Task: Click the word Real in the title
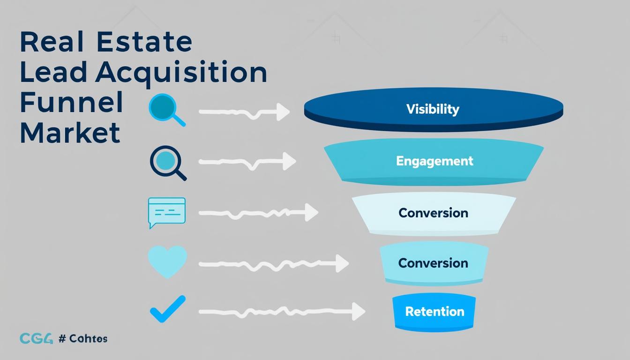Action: pyautogui.click(x=52, y=42)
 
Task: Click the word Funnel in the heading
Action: pyautogui.click(x=71, y=102)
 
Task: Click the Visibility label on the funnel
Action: pyautogui.click(x=433, y=109)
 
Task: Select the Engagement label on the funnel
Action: pyautogui.click(x=435, y=161)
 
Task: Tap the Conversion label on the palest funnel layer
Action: pyautogui.click(x=433, y=213)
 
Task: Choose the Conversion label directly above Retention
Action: pyautogui.click(x=433, y=263)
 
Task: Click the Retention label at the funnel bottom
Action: pyautogui.click(x=435, y=311)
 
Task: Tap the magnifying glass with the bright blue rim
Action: pyautogui.click(x=165, y=109)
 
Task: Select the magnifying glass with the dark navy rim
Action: pyautogui.click(x=166, y=162)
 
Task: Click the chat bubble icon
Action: pyautogui.click(x=166, y=211)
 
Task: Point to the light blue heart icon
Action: pyautogui.click(x=167, y=261)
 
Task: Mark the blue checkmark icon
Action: pyautogui.click(x=167, y=309)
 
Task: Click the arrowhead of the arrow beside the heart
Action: pyautogui.click(x=342, y=263)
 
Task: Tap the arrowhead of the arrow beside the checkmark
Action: pyautogui.click(x=358, y=311)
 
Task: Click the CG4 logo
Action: pyautogui.click(x=36, y=338)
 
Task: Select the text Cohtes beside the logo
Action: pyautogui.click(x=88, y=338)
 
